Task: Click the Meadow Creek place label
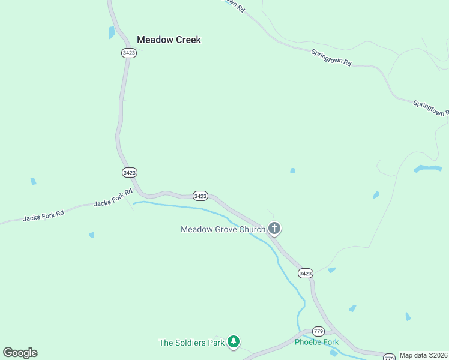click(169, 40)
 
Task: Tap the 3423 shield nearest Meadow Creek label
click(128, 53)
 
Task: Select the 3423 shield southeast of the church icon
click(305, 273)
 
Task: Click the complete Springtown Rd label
click(331, 58)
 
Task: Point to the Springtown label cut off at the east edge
click(431, 109)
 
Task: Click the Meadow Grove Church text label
click(223, 229)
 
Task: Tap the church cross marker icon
click(274, 228)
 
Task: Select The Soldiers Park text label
click(191, 343)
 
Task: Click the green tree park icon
click(234, 343)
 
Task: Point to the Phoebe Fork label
click(316, 342)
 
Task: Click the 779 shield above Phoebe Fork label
click(318, 332)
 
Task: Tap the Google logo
click(20, 353)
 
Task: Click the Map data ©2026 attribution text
click(424, 355)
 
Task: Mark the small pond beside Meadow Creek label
click(112, 32)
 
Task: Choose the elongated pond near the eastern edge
click(427, 169)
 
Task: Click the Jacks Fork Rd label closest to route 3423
click(112, 200)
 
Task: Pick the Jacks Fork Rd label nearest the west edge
click(43, 215)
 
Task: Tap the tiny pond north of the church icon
click(292, 170)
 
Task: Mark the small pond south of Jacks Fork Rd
click(91, 235)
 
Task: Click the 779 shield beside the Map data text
click(390, 356)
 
